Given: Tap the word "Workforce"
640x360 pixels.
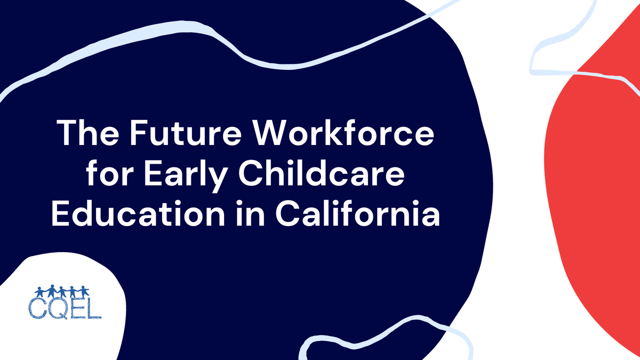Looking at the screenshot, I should point(342,134).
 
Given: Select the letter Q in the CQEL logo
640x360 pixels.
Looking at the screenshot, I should point(58,308).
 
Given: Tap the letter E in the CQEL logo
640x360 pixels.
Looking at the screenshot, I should point(78,308).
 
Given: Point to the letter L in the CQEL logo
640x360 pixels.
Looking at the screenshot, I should point(94,308).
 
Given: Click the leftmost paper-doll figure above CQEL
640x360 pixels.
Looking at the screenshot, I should point(39,292).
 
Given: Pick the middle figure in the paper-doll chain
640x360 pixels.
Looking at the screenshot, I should point(62,292).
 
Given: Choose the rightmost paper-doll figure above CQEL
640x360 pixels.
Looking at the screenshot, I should point(84,292).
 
